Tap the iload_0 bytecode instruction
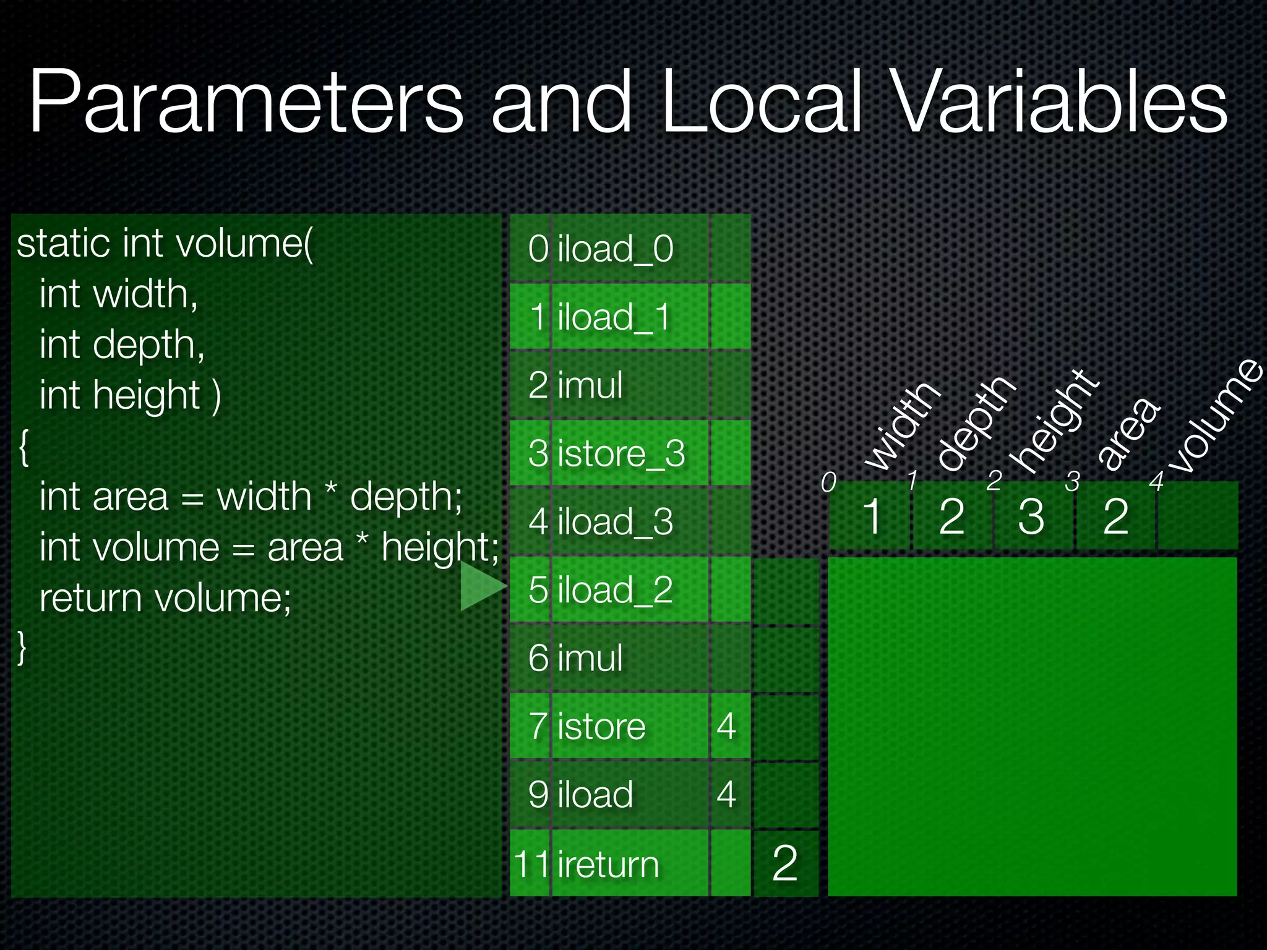point(615,249)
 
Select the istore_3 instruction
point(621,453)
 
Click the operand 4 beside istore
point(726,726)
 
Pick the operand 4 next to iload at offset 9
point(726,794)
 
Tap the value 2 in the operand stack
point(785,863)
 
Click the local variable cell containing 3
point(1031,516)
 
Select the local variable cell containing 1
point(872,516)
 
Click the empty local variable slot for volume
point(1198,516)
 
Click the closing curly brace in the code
point(22,648)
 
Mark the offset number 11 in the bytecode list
point(531,863)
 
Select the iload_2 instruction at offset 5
point(615,589)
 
